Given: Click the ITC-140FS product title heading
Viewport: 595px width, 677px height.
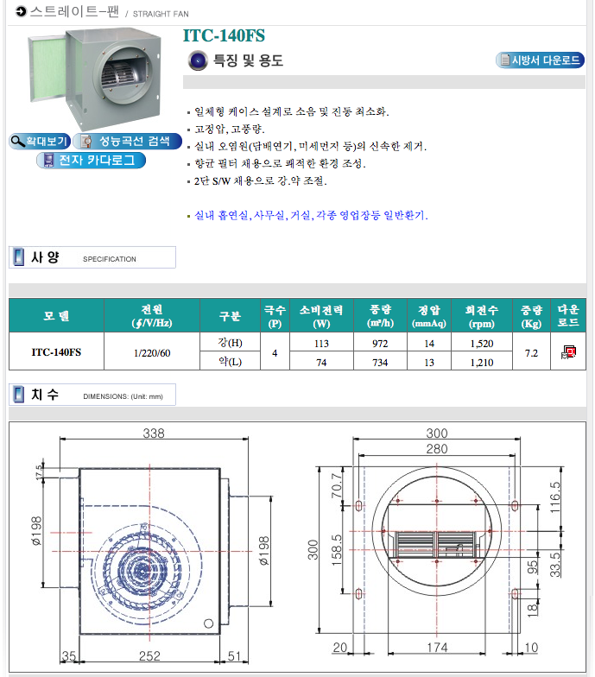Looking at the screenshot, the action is (224, 35).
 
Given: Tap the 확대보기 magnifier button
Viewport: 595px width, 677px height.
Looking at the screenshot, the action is (40, 142).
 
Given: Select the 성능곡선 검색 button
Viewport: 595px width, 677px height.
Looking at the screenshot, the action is (128, 142).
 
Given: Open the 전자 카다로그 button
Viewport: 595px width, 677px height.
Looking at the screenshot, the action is (92, 161).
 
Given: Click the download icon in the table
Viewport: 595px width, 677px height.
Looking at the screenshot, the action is (568, 352).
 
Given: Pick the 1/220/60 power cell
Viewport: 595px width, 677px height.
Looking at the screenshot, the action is (152, 353).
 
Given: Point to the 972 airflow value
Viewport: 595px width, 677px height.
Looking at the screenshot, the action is (380, 344).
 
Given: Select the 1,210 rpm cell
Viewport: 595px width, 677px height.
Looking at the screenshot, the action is (482, 363).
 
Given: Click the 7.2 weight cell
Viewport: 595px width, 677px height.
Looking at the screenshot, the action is (531, 353).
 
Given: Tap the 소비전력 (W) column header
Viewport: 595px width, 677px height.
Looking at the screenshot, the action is (321, 316).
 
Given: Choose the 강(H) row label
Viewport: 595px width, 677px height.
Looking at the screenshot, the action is (230, 343).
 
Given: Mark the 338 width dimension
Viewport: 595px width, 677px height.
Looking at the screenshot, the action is (154, 433).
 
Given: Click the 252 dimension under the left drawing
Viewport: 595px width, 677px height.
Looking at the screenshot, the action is (149, 656).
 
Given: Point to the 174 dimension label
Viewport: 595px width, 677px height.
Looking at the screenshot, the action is (437, 648).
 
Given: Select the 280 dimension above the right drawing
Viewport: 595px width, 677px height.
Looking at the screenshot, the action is (437, 449).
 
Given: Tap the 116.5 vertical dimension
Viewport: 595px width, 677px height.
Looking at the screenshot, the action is (555, 497).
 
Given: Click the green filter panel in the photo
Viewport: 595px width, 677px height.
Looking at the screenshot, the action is (47, 70).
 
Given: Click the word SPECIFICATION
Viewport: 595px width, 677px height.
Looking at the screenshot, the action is (109, 259).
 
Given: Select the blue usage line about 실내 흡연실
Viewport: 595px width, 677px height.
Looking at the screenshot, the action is (311, 215).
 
